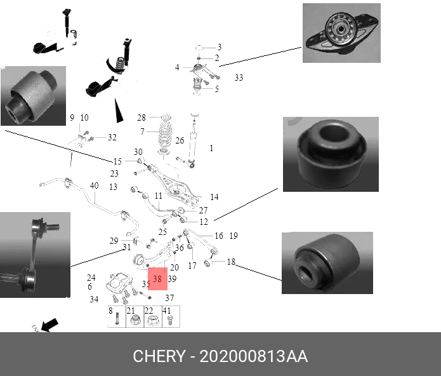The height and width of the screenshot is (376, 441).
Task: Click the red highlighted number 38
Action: click(157, 278)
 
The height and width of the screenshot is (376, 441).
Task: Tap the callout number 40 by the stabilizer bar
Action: click(94, 186)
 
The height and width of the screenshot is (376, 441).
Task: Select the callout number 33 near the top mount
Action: click(239, 78)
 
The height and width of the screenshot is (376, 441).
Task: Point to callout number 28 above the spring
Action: click(142, 117)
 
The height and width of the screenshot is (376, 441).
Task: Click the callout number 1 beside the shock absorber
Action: click(211, 148)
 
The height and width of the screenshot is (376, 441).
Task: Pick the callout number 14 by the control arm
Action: click(214, 198)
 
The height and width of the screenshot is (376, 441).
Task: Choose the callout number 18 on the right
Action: click(231, 262)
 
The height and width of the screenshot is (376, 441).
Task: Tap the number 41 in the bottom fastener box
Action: click(167, 311)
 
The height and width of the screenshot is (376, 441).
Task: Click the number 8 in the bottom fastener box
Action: click(110, 311)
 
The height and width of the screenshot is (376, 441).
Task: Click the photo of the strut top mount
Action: click(341, 33)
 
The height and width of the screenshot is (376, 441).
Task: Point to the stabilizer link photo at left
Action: click(35, 255)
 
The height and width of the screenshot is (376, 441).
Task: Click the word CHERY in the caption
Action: click(157, 356)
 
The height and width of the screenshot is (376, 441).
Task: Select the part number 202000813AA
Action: click(254, 356)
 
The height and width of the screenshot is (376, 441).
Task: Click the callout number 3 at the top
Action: click(220, 47)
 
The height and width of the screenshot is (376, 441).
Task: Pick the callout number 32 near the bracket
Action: click(112, 137)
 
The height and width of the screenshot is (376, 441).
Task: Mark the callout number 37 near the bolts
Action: click(169, 299)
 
